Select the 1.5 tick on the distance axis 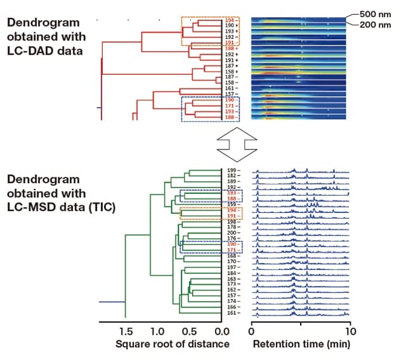coord(126,331)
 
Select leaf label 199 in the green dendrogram coord(232,170)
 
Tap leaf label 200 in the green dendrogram coord(232,233)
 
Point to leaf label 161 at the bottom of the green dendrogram coord(232,313)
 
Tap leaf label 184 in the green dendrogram coord(232,273)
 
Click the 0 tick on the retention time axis coord(252,331)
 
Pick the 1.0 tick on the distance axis coord(157,331)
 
